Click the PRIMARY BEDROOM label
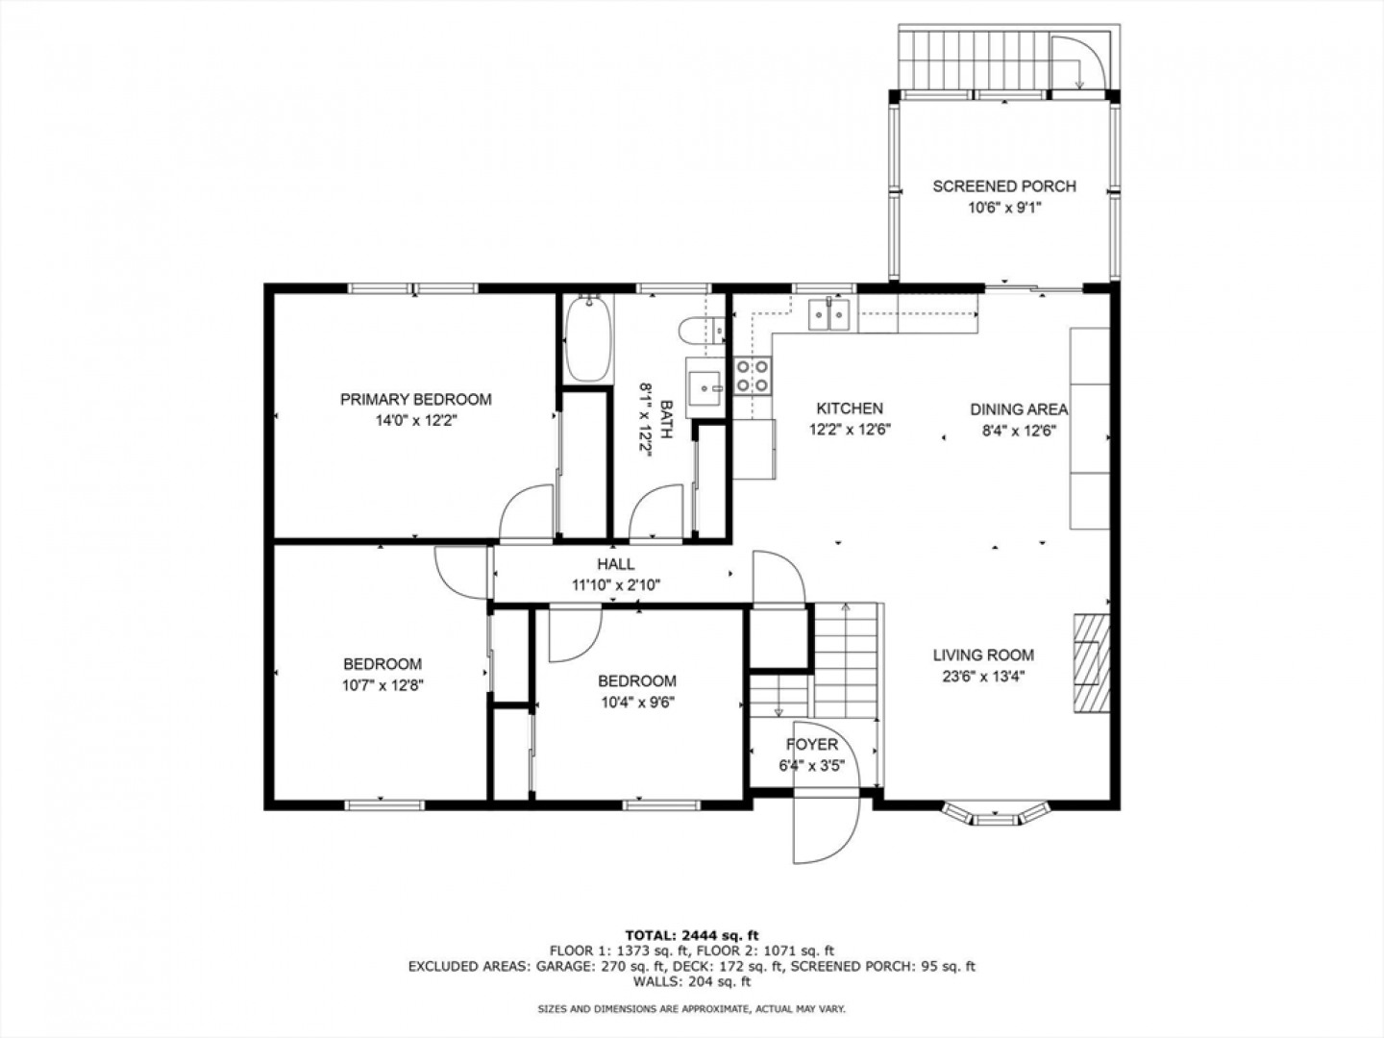tap(415, 400)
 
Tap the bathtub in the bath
tap(589, 338)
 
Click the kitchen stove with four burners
tap(753, 376)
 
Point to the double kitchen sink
tap(829, 314)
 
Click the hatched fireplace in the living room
tap(1092, 663)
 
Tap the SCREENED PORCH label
tap(1004, 186)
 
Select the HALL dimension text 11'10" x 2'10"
tap(616, 585)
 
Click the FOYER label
tap(812, 744)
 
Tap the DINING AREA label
tap(1019, 409)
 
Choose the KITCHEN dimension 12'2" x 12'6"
tap(850, 430)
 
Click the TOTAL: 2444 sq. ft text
tap(692, 935)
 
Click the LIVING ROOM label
tap(983, 655)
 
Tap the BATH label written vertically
tap(666, 420)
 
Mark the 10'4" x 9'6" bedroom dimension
tap(637, 702)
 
